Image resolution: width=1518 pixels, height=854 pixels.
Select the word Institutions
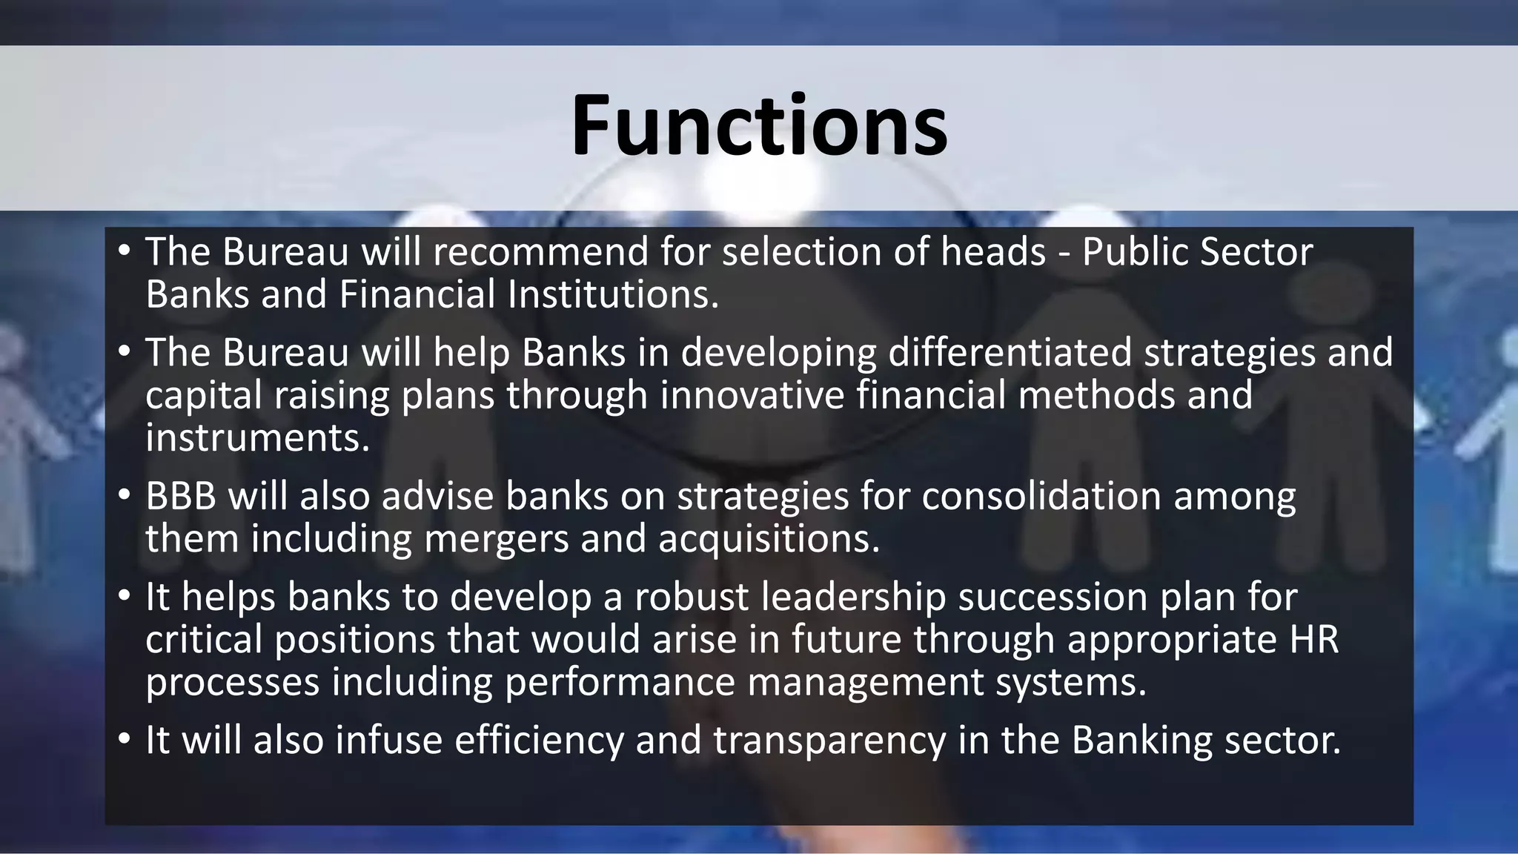(x=614, y=294)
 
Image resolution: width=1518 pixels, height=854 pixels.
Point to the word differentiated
(x=1010, y=352)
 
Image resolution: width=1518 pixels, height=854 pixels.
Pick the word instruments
(x=257, y=437)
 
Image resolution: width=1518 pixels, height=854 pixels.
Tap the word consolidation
(x=1041, y=496)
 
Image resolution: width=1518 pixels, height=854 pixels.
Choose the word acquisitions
(x=769, y=538)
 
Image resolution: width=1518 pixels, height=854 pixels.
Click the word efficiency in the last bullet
(x=539, y=740)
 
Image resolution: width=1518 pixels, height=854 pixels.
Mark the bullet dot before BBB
(x=124, y=496)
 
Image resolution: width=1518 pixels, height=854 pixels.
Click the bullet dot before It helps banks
(x=124, y=597)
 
